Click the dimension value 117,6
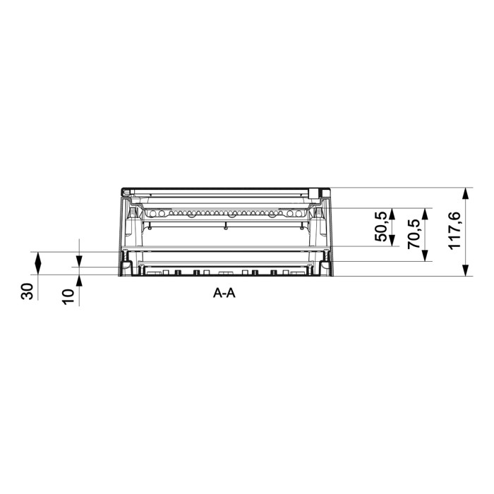tap(454, 231)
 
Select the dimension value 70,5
tap(414, 234)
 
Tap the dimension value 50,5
tap(380, 227)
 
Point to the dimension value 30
tap(27, 291)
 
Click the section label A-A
tap(224, 294)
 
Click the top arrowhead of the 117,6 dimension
tap(466, 193)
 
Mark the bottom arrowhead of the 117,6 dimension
tap(466, 270)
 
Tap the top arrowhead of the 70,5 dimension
tap(425, 214)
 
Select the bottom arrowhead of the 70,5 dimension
tap(425, 255)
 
